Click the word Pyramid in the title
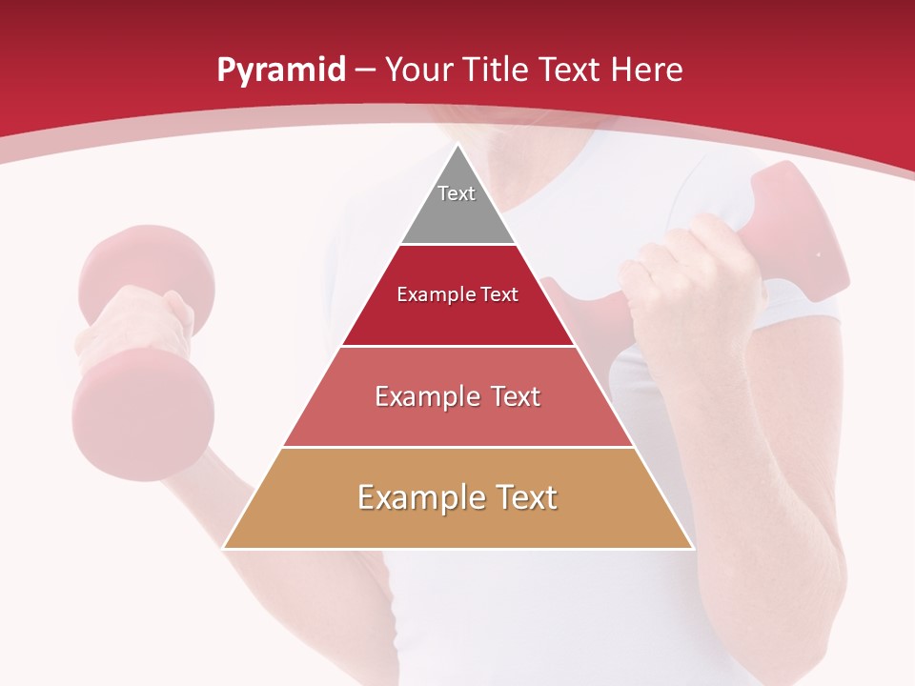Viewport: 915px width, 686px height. pos(280,71)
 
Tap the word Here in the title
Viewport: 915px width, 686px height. pos(647,71)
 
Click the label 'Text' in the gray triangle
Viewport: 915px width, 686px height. pos(457,193)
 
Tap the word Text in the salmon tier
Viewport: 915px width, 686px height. pos(510,396)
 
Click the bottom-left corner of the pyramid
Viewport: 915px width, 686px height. pos(225,548)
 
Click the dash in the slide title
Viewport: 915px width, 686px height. pos(364,71)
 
